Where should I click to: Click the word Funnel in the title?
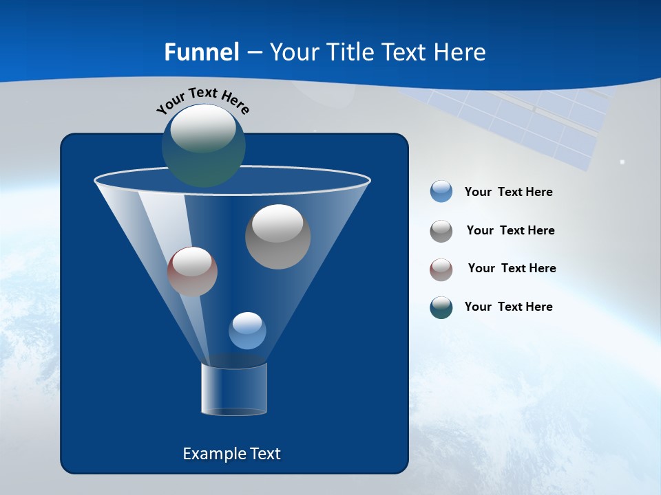tap(201, 52)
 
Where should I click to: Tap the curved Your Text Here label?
tap(202, 100)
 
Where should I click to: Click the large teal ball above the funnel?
tap(204, 145)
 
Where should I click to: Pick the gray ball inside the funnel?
tap(278, 236)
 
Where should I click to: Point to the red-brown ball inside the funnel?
tap(193, 272)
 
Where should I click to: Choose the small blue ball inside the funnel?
tap(247, 331)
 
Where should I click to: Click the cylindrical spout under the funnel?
tap(234, 389)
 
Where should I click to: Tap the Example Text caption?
tap(232, 454)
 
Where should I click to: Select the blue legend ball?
tap(441, 191)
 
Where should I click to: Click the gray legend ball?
tap(441, 231)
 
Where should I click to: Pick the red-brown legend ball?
tap(441, 269)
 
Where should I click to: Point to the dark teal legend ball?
tap(441, 307)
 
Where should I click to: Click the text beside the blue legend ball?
tap(509, 192)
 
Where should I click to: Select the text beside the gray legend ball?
tap(510, 231)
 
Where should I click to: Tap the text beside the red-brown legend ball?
tap(512, 269)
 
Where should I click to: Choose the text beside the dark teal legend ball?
tap(509, 307)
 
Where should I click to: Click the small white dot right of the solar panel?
tap(622, 162)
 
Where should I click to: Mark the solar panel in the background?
tap(544, 124)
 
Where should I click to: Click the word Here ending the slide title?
tap(461, 52)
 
